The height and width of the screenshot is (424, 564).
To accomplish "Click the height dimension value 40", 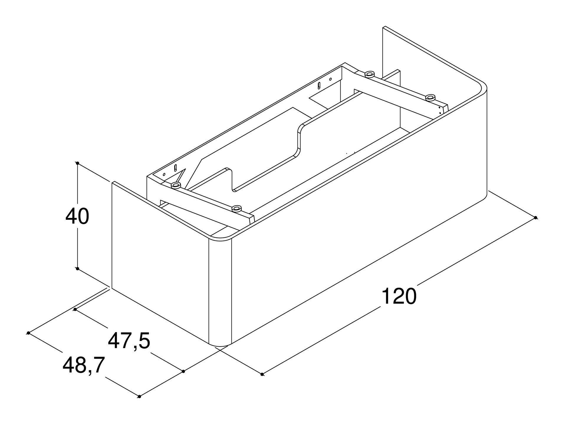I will tap(77, 216).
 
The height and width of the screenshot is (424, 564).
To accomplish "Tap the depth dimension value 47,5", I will tap(129, 341).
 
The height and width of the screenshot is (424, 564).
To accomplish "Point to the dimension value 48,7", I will tap(84, 365).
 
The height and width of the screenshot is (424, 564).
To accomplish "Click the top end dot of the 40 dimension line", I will tap(78, 163).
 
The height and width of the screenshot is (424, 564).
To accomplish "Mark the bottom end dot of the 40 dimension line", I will tap(78, 269).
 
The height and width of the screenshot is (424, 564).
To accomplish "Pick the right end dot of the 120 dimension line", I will tap(536, 218).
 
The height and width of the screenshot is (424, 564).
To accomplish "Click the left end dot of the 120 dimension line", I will tap(262, 374).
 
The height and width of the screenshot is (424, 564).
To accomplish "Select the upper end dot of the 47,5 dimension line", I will tap(75, 309).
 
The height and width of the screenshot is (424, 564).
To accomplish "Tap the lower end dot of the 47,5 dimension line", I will tap(183, 371).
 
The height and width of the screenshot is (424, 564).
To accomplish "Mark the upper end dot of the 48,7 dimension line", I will tap(28, 333).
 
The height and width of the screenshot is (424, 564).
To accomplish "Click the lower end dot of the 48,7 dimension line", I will tap(139, 396).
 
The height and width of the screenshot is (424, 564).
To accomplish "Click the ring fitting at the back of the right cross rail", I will tap(369, 74).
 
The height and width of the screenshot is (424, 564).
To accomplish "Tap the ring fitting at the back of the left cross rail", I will tap(176, 185).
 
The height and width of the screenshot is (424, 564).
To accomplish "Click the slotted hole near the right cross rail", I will tap(319, 85).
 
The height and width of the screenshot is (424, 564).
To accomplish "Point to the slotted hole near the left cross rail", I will tap(176, 168).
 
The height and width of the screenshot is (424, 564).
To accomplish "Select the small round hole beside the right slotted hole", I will tap(330, 79).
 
